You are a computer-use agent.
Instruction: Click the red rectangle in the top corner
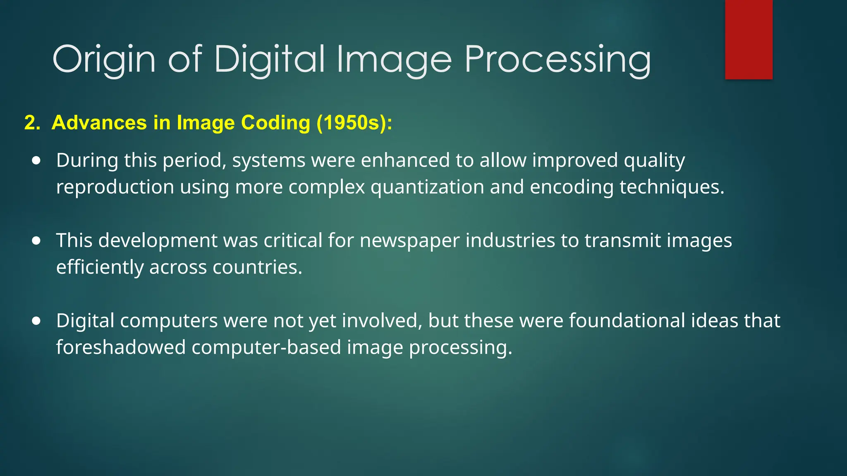coord(749,39)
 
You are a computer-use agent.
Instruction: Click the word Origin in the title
coord(104,59)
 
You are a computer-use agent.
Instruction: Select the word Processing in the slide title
coord(557,59)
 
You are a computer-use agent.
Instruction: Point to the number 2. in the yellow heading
coord(32,123)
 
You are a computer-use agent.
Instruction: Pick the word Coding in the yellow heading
coord(275,123)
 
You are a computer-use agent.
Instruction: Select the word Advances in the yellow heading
coord(99,123)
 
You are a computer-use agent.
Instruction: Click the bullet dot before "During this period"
coord(36,160)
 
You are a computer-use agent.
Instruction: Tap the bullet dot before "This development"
coord(36,240)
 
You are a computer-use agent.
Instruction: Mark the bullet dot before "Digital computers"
coord(36,321)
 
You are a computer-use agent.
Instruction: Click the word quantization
coord(427,187)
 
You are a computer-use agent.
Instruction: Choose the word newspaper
coord(409,241)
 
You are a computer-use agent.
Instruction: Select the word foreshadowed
coord(121,347)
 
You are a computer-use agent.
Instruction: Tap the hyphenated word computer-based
coord(266,347)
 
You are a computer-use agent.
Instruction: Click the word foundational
coord(627,321)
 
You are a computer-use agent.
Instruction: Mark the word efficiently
coord(100,267)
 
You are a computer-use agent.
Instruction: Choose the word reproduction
coord(115,187)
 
